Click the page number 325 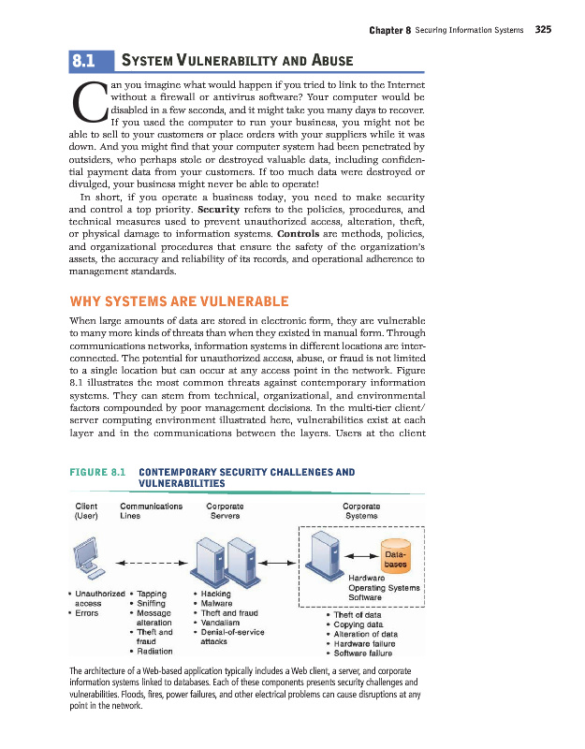pos(543,29)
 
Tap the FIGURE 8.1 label pos(97,472)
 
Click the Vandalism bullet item pos(222,623)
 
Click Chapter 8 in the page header pos(390,29)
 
